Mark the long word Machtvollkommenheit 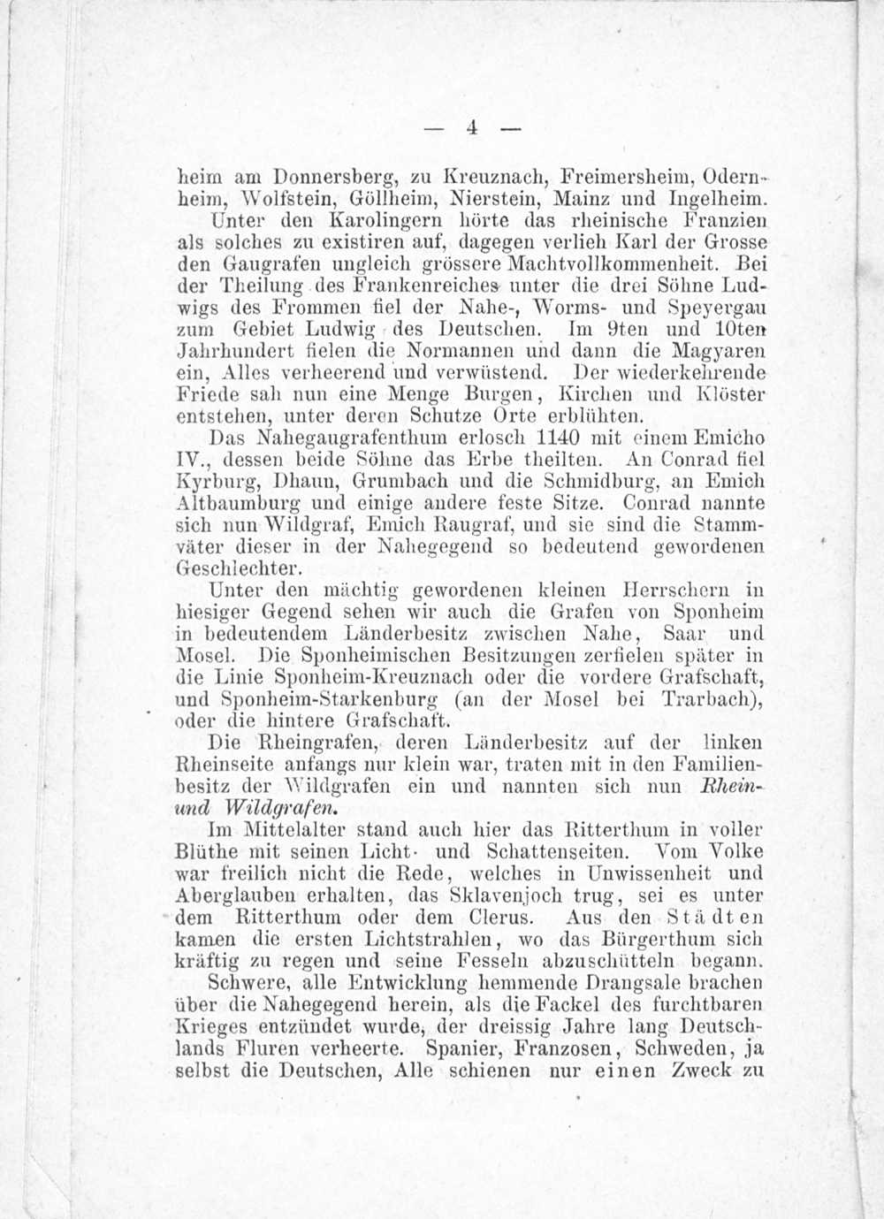[x=621, y=263]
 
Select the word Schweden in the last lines [x=678, y=1050]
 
